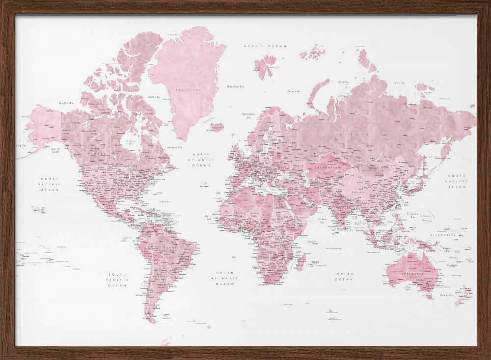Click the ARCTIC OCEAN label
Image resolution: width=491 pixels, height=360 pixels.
coord(265,46)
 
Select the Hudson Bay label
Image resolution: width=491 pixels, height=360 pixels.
coord(131,142)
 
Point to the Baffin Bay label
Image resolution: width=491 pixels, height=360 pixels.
coord(154,97)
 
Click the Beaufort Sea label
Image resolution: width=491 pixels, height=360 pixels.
coord(66,103)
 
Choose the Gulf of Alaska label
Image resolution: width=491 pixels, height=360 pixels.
coord(55,150)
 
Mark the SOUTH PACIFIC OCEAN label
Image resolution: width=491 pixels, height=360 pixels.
coord(118,279)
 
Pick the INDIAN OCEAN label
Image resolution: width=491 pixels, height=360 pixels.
coord(344,277)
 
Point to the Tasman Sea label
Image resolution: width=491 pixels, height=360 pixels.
coord(447,295)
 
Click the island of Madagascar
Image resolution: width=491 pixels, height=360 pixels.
coord(300,261)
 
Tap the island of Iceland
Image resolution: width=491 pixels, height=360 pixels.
coord(217,127)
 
